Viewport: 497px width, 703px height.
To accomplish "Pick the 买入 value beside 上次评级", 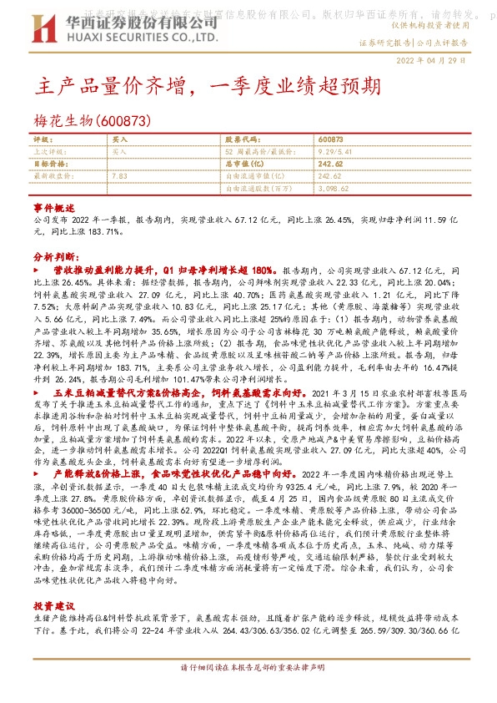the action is (119, 152).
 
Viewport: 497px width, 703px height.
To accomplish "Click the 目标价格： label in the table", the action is (48, 164).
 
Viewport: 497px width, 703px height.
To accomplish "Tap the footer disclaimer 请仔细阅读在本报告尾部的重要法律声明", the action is (249, 692).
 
